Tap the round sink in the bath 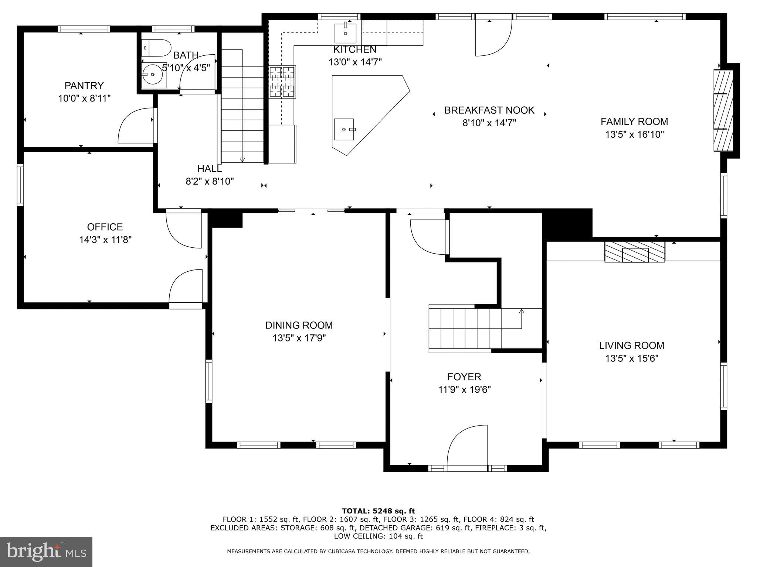(152, 75)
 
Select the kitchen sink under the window (345, 33)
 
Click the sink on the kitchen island (344, 130)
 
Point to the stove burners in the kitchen (282, 82)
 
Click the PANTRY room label (84, 86)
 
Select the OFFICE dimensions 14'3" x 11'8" (105, 240)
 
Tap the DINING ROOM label (299, 325)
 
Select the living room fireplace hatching (635, 252)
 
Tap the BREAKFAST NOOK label (489, 110)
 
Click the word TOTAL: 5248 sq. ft (378, 511)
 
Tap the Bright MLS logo (46, 551)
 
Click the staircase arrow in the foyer (522, 312)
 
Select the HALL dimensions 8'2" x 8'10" (210, 181)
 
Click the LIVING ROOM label (631, 346)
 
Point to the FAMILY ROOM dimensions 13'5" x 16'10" (634, 134)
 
